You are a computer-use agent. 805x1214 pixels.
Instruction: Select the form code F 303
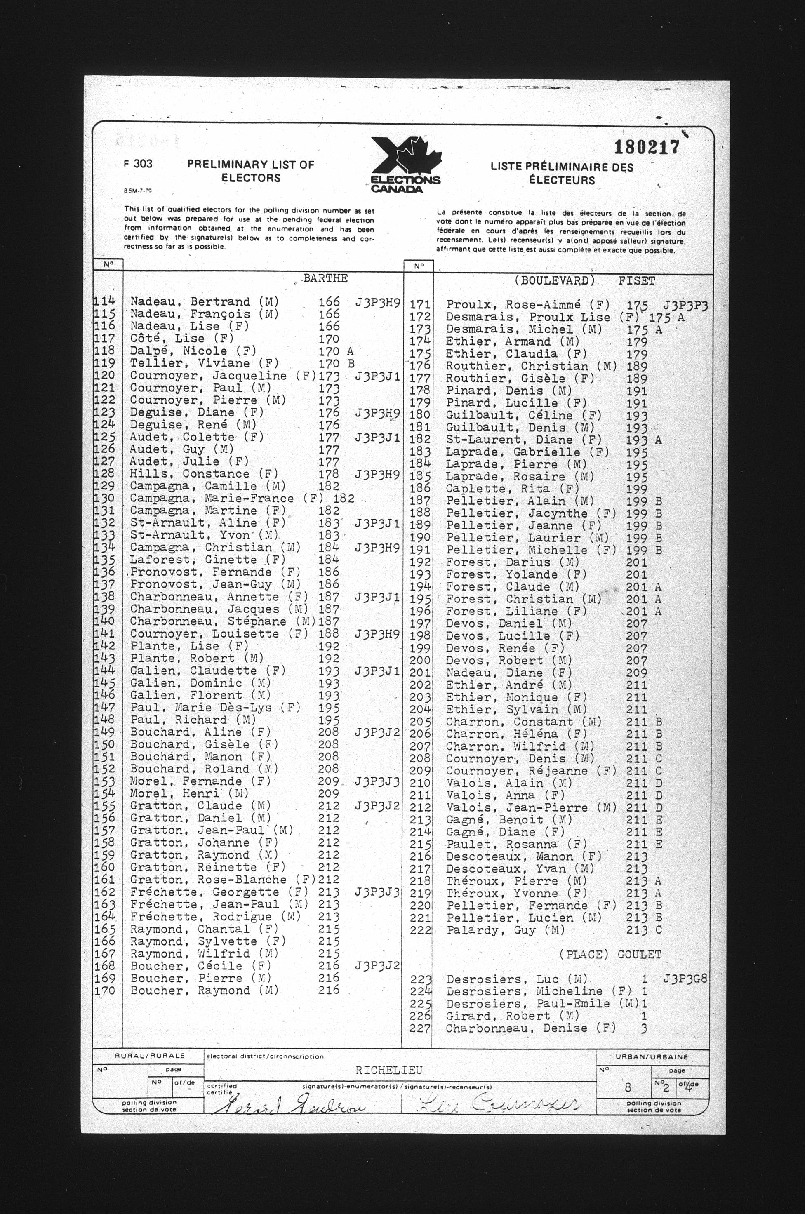click(138, 164)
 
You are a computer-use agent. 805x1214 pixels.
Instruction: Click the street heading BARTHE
click(325, 278)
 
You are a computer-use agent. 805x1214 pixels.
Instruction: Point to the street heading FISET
click(637, 281)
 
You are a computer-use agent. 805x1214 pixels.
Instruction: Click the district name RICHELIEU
click(388, 1070)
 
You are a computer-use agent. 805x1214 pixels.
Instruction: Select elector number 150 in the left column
click(105, 744)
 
